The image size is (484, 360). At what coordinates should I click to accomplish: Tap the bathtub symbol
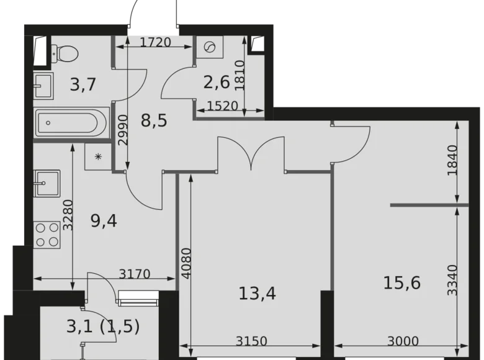click(x=72, y=122)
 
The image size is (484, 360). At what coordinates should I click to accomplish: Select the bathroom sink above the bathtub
click(x=45, y=86)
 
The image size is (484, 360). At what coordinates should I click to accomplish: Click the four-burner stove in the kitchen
click(x=47, y=235)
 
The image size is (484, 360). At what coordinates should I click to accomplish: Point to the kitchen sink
click(x=47, y=183)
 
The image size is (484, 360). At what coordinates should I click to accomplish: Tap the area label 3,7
click(x=83, y=85)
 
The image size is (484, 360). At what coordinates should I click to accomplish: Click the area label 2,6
click(x=217, y=81)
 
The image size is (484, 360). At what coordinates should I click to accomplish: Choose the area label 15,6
click(x=401, y=283)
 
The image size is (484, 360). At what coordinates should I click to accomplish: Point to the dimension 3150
click(x=254, y=341)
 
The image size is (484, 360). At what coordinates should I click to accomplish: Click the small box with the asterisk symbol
click(x=97, y=156)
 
